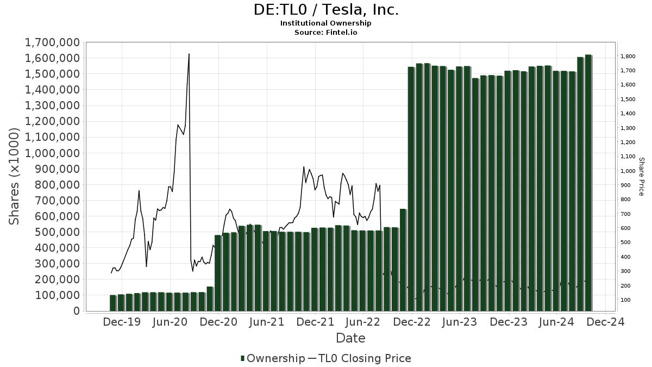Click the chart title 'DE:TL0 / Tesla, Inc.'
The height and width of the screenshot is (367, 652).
click(326, 10)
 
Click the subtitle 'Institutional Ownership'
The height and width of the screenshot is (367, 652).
click(326, 23)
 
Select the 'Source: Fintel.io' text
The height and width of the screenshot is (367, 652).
click(326, 33)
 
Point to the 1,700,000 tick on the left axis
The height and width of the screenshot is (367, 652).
click(52, 42)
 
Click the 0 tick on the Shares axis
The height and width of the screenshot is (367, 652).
click(76, 311)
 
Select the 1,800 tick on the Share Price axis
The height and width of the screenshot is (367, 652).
click(628, 57)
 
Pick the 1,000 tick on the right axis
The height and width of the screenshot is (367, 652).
click(628, 171)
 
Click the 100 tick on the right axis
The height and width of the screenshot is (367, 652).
click(626, 300)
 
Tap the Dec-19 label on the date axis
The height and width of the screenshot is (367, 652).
click(122, 322)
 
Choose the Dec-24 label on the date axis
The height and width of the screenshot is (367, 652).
click(605, 322)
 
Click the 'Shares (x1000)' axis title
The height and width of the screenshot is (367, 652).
click(15, 176)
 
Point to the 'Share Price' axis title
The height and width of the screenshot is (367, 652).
click(641, 176)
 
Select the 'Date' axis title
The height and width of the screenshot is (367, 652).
click(350, 338)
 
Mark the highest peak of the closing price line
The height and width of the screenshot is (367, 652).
click(189, 54)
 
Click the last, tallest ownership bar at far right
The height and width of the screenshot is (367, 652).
click(588, 183)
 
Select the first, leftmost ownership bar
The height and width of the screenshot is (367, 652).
click(113, 303)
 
